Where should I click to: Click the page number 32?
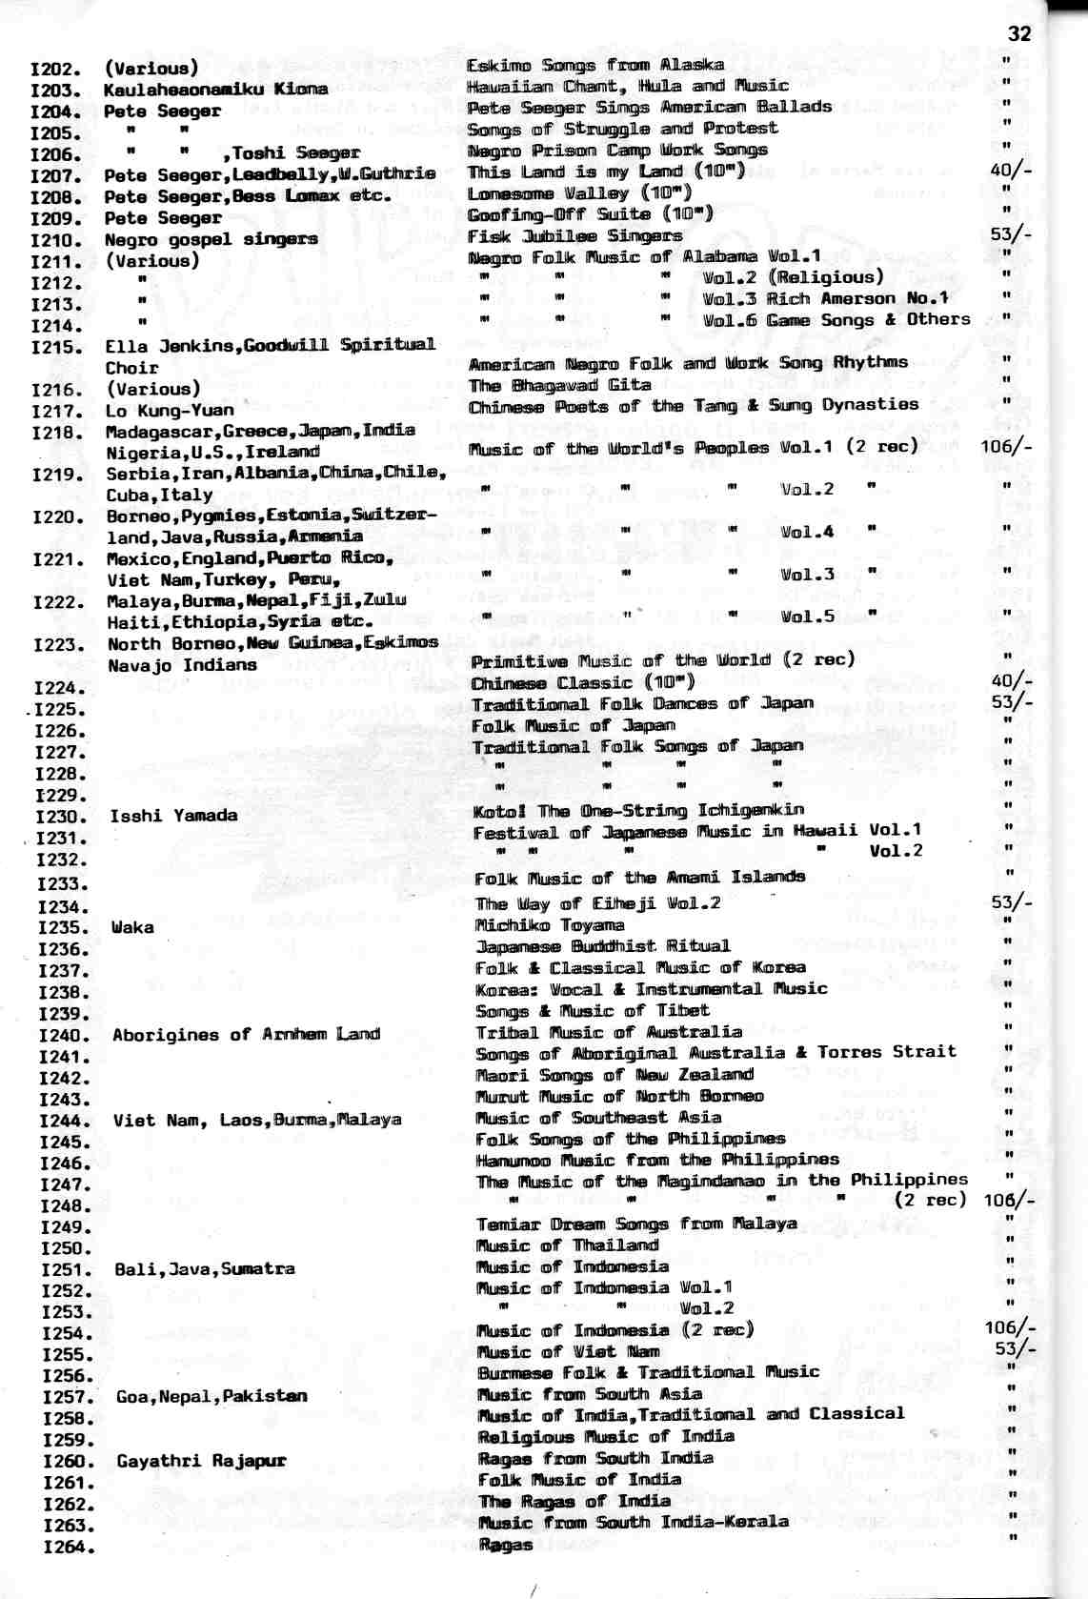coord(1018,34)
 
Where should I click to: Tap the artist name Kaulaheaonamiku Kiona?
coord(215,90)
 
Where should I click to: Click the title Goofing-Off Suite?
coord(590,214)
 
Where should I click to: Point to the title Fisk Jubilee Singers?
coord(574,236)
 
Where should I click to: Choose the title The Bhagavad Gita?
coord(559,385)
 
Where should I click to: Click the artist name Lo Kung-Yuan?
coord(170,411)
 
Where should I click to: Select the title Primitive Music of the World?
coord(662,660)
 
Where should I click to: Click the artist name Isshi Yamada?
coord(173,816)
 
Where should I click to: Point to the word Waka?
coord(132,927)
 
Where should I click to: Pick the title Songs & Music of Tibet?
coord(592,1010)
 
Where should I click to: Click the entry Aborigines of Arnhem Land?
coord(246,1035)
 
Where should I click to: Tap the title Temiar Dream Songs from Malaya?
coord(636,1225)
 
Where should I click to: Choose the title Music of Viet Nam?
coord(568,1351)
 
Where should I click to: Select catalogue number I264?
coord(69,1548)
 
